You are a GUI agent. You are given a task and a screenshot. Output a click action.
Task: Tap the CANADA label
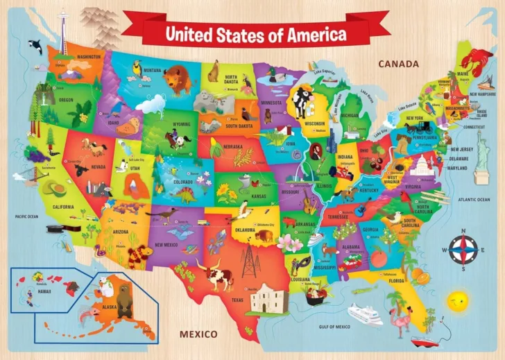pyautogui.click(x=400, y=65)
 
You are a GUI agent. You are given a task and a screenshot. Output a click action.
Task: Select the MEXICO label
pyautogui.click(x=198, y=334)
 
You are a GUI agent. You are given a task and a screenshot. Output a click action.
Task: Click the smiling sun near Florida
pyautogui.click(x=457, y=302)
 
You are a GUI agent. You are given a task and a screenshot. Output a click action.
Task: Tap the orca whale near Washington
pyautogui.click(x=35, y=47)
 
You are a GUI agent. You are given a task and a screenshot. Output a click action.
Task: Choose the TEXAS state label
pyautogui.click(x=237, y=300)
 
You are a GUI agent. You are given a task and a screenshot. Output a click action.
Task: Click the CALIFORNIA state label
pyautogui.click(x=63, y=207)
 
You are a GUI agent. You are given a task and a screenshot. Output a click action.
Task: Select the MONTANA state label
pyautogui.click(x=153, y=70)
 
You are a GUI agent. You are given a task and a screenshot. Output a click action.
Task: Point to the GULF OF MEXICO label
pyautogui.click(x=333, y=326)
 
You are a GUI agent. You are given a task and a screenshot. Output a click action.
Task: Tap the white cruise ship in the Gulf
pyautogui.click(x=365, y=314)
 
